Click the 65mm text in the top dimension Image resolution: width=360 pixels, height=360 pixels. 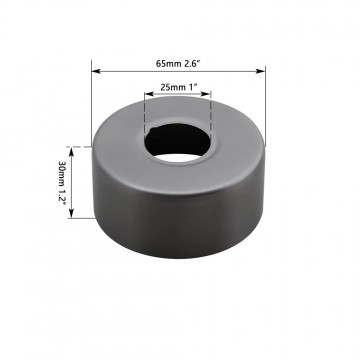[167, 63]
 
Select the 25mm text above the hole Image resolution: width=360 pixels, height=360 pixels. [171, 88]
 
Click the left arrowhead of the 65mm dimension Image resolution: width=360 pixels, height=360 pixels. [95, 71]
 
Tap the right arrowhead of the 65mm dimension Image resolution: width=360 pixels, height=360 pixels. [265, 71]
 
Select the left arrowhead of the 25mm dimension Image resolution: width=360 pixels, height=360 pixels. [149, 97]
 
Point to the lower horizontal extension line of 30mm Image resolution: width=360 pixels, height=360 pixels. [80, 225]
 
